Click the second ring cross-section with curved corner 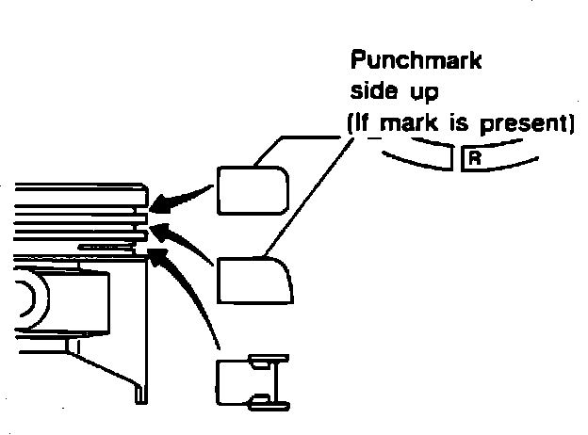tap(254, 281)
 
